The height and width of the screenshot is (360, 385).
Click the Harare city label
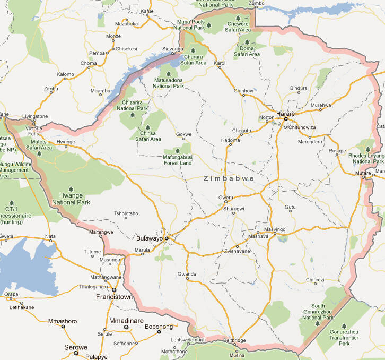coord(285,113)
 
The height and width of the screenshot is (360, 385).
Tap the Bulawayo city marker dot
coord(166,239)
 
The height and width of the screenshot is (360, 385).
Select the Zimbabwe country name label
coord(229,179)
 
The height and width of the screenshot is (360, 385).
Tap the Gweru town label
coord(226,198)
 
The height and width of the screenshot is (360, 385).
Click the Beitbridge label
coord(235,340)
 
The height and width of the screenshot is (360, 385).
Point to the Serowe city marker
coord(76,353)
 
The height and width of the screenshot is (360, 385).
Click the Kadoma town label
coord(230,140)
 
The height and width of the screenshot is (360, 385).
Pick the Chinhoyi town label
coord(243,91)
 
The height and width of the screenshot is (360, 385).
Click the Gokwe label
coord(184,134)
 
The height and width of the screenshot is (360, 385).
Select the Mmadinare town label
coord(126,321)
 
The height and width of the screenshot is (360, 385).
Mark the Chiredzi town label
coord(314,279)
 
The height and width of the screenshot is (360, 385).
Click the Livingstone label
coord(34,116)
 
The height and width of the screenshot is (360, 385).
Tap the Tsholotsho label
coord(126,213)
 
